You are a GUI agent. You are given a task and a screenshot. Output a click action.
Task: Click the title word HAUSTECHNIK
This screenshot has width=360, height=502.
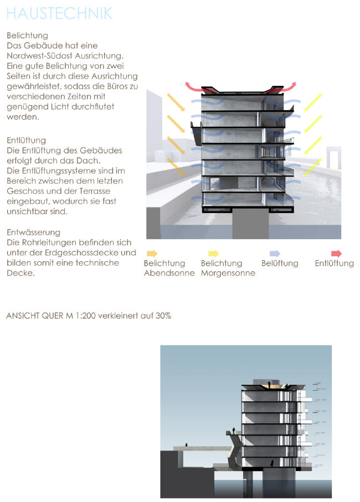tap(59, 13)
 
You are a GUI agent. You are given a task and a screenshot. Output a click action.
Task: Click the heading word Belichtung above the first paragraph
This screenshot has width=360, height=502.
tap(27, 36)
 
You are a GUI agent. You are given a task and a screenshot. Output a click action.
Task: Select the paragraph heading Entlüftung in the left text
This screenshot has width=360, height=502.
tap(26, 141)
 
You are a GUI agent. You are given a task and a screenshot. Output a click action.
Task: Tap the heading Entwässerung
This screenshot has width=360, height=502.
tap(33, 232)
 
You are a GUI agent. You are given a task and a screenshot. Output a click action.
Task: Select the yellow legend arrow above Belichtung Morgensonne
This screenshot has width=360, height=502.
tap(213, 253)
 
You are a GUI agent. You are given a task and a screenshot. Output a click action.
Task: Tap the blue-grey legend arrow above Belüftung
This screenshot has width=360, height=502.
tap(274, 253)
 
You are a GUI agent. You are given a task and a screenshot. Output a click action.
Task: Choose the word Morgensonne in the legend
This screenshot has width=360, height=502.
tap(228, 273)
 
